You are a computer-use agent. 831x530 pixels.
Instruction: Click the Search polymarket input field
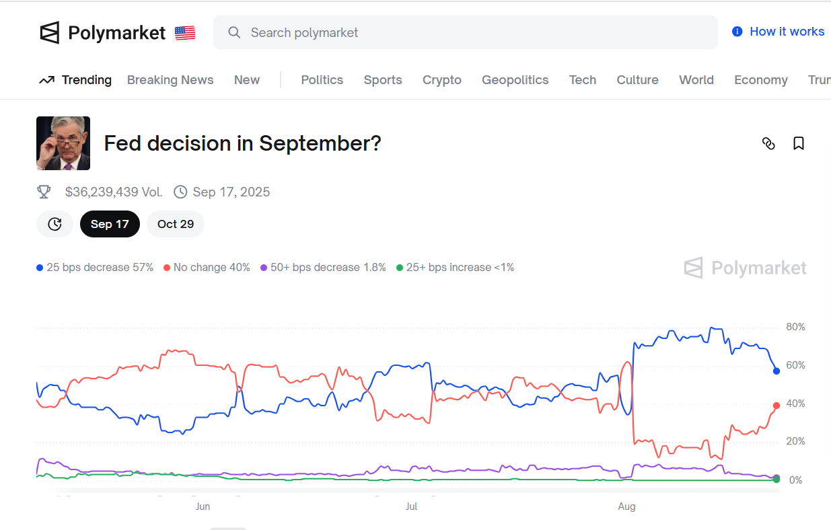tap(464, 32)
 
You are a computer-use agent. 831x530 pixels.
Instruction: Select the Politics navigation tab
tap(322, 80)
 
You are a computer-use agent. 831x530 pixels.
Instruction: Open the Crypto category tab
tap(441, 80)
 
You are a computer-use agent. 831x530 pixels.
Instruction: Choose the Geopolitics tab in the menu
tap(515, 80)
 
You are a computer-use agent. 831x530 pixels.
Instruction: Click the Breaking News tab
tap(170, 80)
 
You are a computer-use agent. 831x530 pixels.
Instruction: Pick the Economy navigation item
tap(760, 80)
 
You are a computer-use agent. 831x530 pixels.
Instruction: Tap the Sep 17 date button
tap(110, 224)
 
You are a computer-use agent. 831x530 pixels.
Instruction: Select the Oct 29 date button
tap(175, 224)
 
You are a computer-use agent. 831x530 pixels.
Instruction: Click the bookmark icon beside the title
tap(799, 143)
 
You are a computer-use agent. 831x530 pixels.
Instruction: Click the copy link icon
tap(768, 143)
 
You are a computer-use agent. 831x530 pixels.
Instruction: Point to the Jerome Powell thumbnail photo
tap(63, 143)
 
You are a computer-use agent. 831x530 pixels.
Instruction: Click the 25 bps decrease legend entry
tap(95, 268)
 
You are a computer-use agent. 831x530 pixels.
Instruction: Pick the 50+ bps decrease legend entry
tap(324, 268)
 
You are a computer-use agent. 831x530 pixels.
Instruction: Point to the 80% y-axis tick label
tap(795, 328)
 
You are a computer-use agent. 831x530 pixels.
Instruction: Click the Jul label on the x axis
tap(411, 506)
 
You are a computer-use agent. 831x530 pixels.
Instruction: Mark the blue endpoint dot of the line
tap(776, 371)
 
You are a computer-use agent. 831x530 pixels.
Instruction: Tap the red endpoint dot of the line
tap(776, 406)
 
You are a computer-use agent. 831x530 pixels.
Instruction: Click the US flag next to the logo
tap(185, 33)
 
